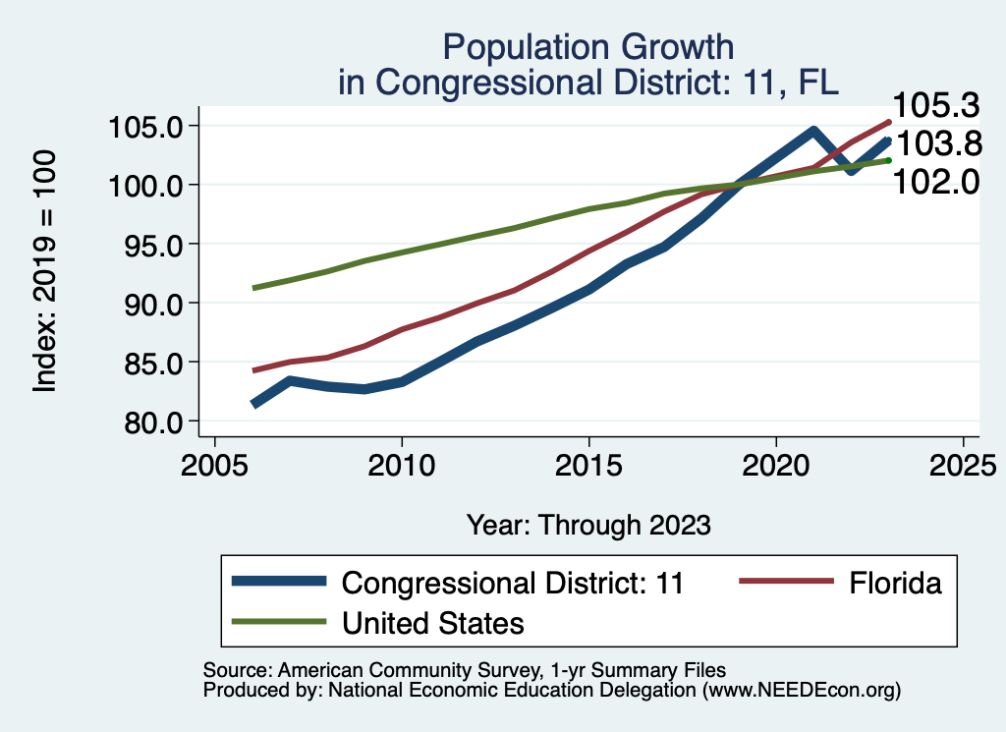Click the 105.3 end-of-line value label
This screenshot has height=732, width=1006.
pyautogui.click(x=936, y=105)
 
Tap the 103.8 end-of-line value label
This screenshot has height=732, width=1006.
pyautogui.click(x=939, y=144)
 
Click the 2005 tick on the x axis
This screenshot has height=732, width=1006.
pyautogui.click(x=215, y=463)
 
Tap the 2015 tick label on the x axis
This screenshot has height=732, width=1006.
pyautogui.click(x=589, y=463)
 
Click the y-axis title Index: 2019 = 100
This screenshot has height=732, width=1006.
pyautogui.click(x=44, y=272)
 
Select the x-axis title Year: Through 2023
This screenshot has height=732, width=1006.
pyautogui.click(x=588, y=525)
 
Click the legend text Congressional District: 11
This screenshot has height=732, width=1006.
pyautogui.click(x=512, y=583)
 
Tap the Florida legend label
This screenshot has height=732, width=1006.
pyautogui.click(x=894, y=583)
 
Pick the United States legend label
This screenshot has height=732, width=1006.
pyautogui.click(x=432, y=622)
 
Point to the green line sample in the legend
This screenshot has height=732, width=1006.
pyautogui.click(x=279, y=622)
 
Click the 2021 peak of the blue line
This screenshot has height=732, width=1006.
pyautogui.click(x=813, y=130)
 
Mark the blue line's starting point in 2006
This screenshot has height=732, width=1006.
pyautogui.click(x=254, y=404)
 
